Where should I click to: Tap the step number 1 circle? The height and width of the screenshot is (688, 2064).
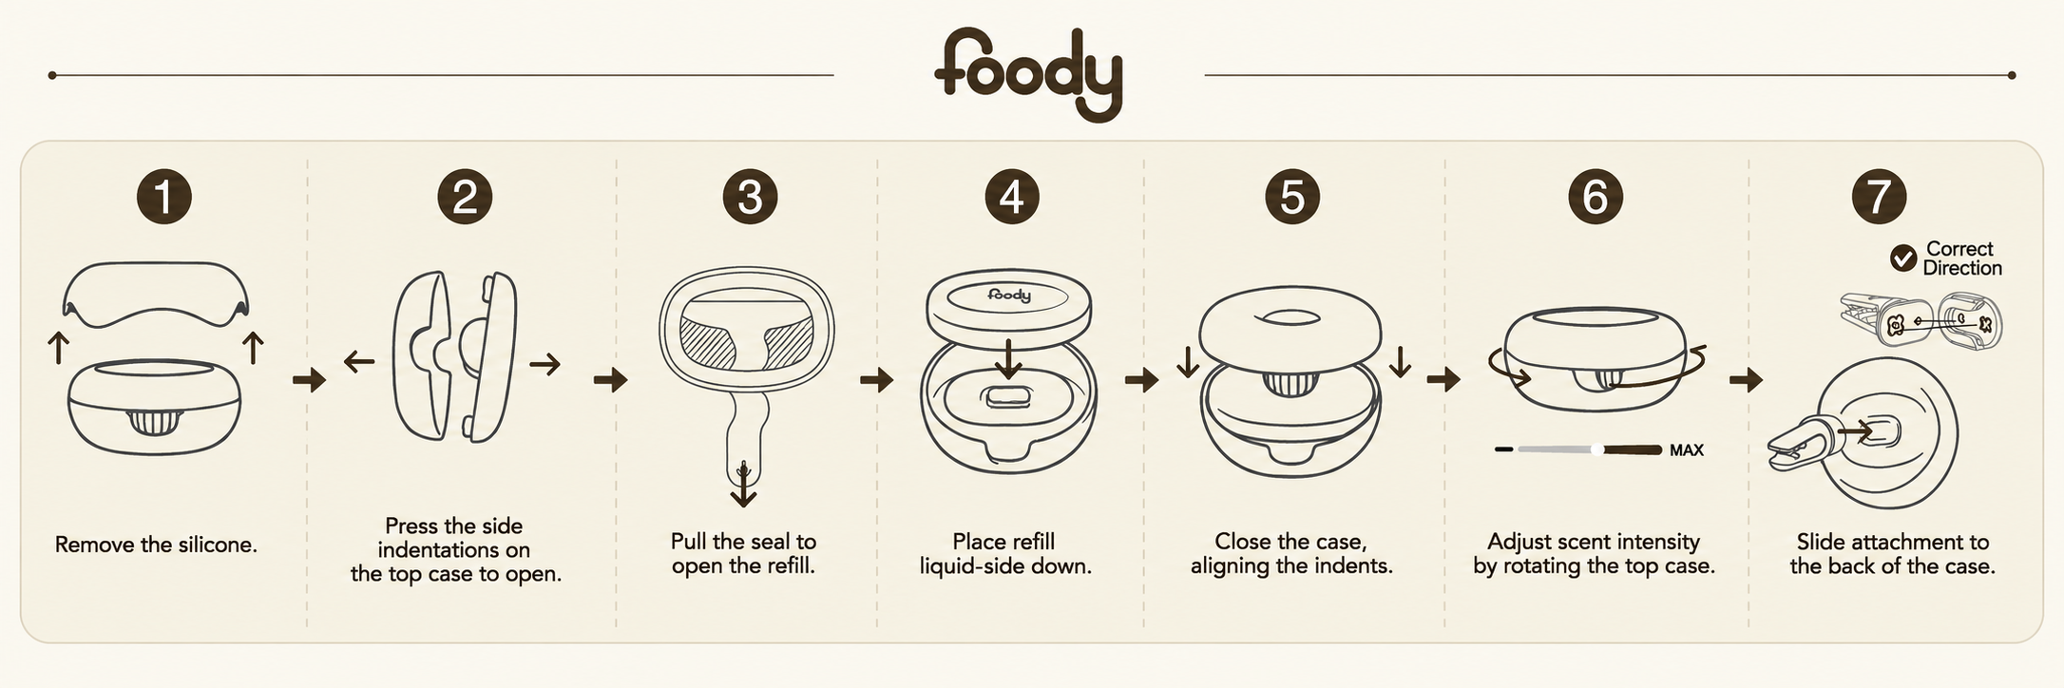[x=163, y=197]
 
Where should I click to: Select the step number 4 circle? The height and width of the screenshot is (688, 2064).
[x=1011, y=197]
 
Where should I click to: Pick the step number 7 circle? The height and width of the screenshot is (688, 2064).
[x=1879, y=197]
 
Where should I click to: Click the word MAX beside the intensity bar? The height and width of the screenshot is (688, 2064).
[x=1687, y=450]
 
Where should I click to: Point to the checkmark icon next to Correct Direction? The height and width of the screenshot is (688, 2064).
[x=1902, y=258]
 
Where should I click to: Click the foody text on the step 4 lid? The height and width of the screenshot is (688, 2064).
[x=1009, y=296]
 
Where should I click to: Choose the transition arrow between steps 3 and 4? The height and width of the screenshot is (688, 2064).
[x=876, y=380]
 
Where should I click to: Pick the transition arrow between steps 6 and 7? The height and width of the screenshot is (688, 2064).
[x=1746, y=380]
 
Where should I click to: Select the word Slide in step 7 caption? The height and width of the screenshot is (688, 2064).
[x=1818, y=543]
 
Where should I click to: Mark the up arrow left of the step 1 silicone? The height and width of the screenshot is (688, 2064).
[x=58, y=348]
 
